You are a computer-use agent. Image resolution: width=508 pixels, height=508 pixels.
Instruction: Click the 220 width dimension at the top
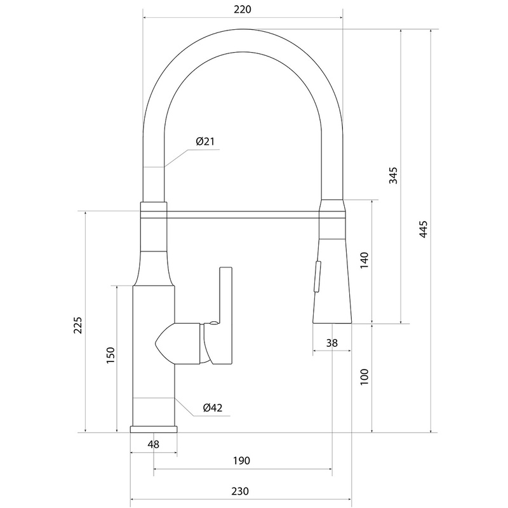(x=243, y=10)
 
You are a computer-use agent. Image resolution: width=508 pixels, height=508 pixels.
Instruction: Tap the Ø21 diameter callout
(x=205, y=142)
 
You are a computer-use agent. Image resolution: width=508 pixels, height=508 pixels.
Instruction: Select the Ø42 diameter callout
(x=213, y=408)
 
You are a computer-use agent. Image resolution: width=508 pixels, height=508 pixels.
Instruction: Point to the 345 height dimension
(x=393, y=175)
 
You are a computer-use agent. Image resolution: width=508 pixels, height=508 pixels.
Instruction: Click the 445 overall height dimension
(x=423, y=229)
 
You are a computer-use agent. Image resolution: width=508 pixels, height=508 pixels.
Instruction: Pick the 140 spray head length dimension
(x=364, y=260)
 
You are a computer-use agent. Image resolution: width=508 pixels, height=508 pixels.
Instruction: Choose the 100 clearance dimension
(x=364, y=377)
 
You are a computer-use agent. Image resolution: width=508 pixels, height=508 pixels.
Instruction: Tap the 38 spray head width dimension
(x=331, y=342)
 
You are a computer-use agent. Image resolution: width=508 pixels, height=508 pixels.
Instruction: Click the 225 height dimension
(x=77, y=325)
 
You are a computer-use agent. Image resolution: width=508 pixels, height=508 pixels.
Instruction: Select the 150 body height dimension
(x=110, y=355)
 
